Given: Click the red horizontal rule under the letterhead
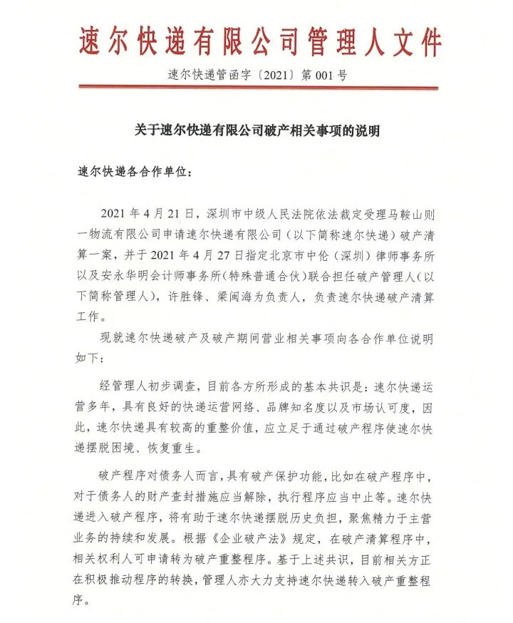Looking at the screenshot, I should pyautogui.click(x=256, y=88).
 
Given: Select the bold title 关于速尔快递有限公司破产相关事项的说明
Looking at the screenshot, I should pyautogui.click(x=257, y=131).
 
